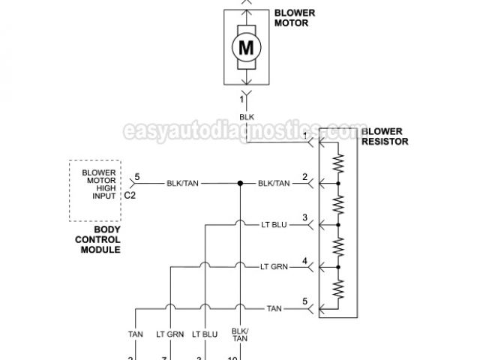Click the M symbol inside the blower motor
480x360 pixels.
pyautogui.click(x=246, y=47)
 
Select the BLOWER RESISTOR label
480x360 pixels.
pyautogui.click(x=385, y=136)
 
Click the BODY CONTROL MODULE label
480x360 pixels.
pyautogui.click(x=97, y=239)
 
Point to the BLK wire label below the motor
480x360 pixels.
pyautogui.click(x=246, y=117)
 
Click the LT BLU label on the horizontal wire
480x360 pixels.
pyautogui.click(x=273, y=224)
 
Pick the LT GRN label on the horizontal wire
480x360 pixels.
pyautogui.click(x=274, y=266)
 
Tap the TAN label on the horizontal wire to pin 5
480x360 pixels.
pyautogui.click(x=274, y=308)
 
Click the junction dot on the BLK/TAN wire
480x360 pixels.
pyautogui.click(x=240, y=183)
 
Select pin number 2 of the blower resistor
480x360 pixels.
pyautogui.click(x=304, y=177)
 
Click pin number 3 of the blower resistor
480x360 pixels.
pyautogui.click(x=304, y=218)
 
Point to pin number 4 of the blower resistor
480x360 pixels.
pyautogui.click(x=304, y=260)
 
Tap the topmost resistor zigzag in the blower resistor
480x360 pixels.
pyautogui.click(x=338, y=163)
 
